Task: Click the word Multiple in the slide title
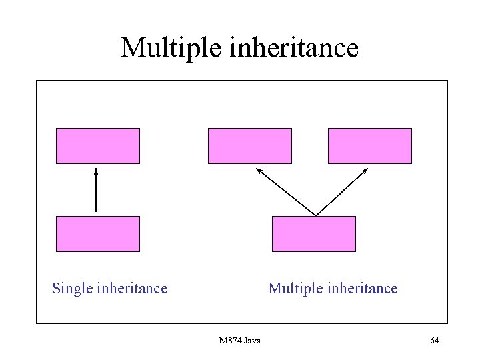168,48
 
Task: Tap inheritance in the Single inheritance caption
132,288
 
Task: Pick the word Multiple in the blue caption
294,288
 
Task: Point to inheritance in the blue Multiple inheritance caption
361,288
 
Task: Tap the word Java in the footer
253,341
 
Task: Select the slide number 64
435,341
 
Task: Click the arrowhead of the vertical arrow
96,171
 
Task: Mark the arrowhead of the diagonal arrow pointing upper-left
259,171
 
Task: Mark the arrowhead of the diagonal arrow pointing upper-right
365,171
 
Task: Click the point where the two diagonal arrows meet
315,215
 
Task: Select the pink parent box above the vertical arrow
98,146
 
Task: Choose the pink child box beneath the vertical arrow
98,234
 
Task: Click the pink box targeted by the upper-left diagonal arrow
250,146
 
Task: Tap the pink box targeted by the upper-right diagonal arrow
370,146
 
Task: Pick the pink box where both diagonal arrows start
314,234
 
